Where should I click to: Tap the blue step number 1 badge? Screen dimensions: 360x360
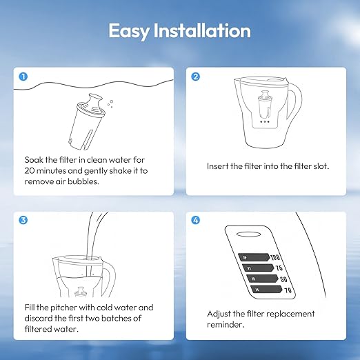23,77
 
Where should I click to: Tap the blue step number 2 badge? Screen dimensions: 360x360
195,77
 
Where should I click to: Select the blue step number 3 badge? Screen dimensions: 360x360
23,221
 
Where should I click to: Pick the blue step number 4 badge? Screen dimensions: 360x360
195,221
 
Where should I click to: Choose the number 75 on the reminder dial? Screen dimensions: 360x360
279,268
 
